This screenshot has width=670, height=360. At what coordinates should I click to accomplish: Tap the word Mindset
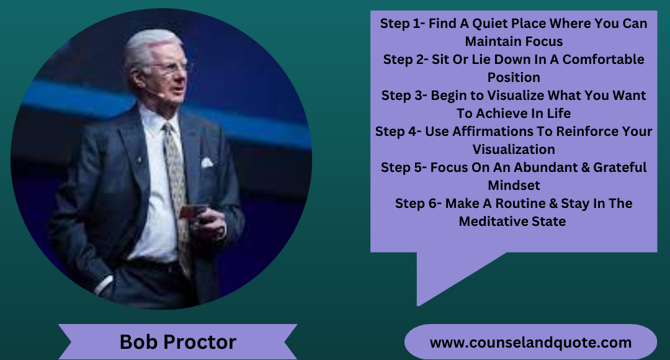pos(514,185)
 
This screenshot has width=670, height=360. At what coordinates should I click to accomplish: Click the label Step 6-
pos(418,204)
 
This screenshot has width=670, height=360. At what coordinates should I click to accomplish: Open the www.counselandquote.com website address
pos(530,342)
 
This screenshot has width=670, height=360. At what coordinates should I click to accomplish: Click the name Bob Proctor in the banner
pos(177,342)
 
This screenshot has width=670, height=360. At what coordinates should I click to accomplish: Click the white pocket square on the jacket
pos(207,163)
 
